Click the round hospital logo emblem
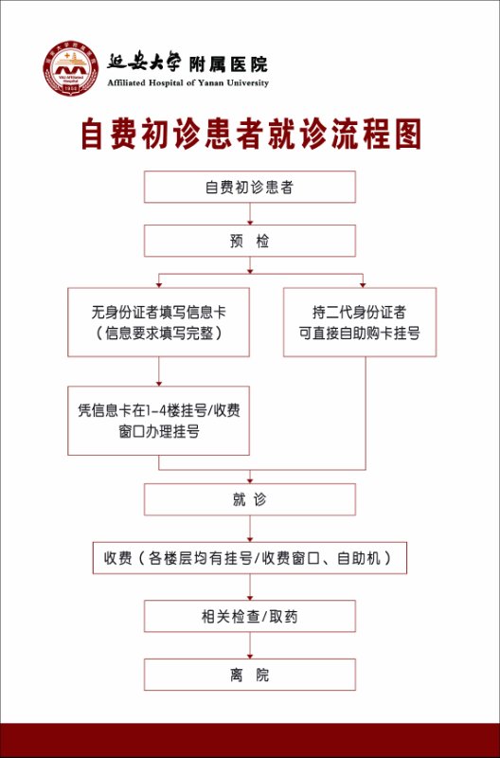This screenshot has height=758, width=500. (x=70, y=68)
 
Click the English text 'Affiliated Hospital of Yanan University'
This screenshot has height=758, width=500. (x=187, y=83)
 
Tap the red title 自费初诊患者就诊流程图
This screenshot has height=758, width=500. (x=251, y=134)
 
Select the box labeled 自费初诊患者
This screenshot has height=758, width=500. (x=250, y=187)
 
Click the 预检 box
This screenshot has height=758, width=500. (x=250, y=241)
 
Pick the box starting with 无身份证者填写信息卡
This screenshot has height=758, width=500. (x=158, y=322)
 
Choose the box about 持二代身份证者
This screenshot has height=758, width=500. (x=360, y=322)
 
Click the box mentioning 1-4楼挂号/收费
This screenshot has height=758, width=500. (x=158, y=421)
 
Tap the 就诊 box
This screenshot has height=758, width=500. (x=250, y=499)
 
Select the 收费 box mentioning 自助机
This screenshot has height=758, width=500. (x=250, y=558)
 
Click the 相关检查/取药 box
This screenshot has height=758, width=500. (x=250, y=617)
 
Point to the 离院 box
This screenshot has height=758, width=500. (x=250, y=675)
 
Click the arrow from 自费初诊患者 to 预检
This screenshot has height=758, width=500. (x=250, y=214)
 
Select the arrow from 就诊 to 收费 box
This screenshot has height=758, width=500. (x=250, y=529)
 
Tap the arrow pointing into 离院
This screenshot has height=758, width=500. (x=250, y=645)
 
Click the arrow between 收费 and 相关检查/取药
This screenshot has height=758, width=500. (x=250, y=587)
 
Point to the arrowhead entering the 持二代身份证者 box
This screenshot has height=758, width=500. (x=363, y=285)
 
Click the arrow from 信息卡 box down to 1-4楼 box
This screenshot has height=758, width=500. (x=159, y=371)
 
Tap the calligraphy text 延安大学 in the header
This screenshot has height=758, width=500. (x=144, y=62)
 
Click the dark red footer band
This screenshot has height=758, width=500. (x=250, y=740)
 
